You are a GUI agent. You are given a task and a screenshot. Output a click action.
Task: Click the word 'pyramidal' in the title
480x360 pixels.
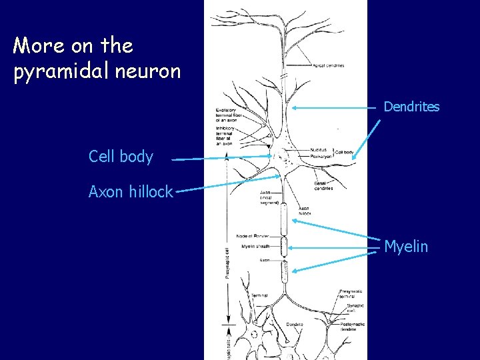[63, 71]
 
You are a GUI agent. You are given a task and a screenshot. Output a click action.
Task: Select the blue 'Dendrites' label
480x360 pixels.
[411, 107]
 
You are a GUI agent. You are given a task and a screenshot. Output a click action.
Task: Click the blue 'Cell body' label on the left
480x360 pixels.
[121, 157]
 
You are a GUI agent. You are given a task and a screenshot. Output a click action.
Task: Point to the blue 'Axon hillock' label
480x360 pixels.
[131, 192]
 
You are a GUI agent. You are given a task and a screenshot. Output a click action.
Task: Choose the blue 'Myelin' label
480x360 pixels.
[406, 247]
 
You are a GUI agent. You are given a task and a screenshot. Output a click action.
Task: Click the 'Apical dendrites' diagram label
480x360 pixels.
[328, 65]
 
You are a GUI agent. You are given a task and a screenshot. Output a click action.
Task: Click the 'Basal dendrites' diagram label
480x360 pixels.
[323, 186]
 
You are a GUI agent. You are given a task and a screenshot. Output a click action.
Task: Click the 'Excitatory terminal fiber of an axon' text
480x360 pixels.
[231, 114]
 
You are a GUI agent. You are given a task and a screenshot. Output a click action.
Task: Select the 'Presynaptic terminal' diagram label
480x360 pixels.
[351, 294]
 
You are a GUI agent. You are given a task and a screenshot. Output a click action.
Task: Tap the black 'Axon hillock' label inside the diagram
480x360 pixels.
[304, 211]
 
